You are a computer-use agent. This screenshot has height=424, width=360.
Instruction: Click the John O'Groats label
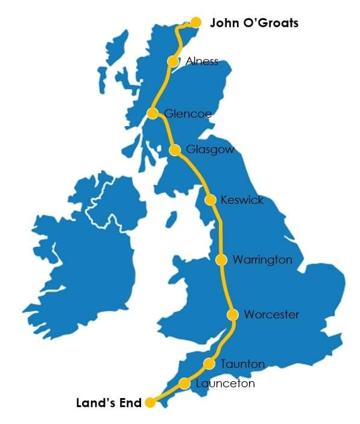254,24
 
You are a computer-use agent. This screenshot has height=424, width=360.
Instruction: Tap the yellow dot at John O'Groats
195,22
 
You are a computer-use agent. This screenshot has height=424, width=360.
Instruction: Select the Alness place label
202,62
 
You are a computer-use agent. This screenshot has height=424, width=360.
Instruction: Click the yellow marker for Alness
173,62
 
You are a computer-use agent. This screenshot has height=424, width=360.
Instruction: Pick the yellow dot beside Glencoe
153,113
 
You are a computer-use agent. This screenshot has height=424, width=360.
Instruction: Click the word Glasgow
210,150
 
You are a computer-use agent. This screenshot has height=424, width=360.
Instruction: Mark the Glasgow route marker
175,150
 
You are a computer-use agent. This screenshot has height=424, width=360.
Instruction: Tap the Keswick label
242,200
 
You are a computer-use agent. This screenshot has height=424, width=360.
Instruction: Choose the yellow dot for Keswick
210,200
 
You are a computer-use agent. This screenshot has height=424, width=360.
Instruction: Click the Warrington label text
262,260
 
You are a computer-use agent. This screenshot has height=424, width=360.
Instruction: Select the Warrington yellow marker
221,260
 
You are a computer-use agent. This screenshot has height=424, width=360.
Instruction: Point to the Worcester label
271,315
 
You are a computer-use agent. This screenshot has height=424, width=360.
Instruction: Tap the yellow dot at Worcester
233,315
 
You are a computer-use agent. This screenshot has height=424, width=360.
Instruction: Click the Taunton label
242,364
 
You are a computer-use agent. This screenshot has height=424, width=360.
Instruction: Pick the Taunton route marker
209,364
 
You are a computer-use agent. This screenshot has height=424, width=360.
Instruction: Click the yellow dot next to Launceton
185,384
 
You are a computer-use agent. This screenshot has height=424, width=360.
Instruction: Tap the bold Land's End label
109,403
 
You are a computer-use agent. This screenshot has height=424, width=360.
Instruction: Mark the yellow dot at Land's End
150,403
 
